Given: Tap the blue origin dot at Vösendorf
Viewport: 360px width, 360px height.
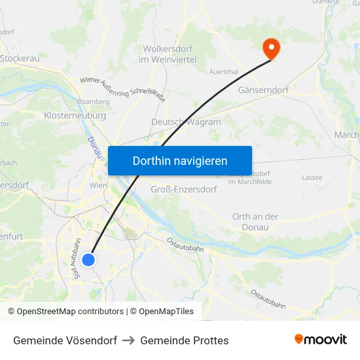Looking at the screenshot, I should click(88, 260).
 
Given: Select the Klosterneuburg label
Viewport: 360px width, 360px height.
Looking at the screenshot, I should click(75, 115).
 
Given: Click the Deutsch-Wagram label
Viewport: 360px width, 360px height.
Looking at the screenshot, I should click(186, 122).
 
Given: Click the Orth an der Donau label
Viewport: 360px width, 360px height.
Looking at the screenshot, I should click(255, 221).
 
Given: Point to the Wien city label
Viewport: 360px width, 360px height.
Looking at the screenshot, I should click(98, 185).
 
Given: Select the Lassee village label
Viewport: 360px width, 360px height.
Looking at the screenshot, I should click(312, 177).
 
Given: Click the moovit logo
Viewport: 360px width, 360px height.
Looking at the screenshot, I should click(321, 339).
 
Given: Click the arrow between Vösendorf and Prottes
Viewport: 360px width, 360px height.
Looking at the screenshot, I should click(128, 340).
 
